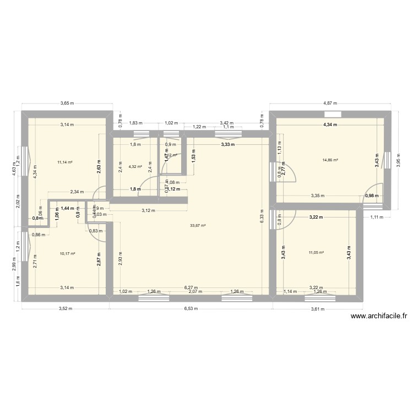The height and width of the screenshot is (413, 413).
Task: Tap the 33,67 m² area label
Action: [198, 225]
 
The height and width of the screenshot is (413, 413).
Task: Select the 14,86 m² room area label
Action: [330, 160]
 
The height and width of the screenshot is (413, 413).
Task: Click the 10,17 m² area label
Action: [67, 254]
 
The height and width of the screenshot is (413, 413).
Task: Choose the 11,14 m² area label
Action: [65, 162]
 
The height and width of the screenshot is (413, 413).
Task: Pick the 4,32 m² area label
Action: [135, 166]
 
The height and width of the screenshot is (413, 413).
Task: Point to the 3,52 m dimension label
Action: [66, 309]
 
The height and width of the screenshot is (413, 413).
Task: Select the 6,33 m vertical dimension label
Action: [262, 218]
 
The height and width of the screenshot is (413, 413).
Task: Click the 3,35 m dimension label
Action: [317, 195]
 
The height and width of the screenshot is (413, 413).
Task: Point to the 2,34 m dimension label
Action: [77, 192]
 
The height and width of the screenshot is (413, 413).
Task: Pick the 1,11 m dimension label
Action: [377, 217]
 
